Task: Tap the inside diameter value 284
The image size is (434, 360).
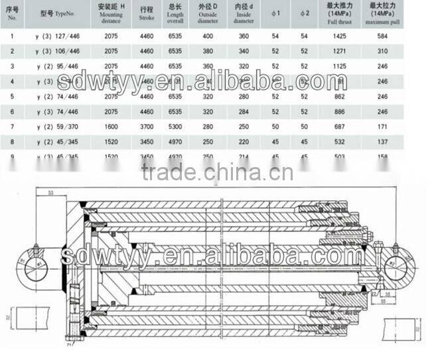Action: coord(244,109)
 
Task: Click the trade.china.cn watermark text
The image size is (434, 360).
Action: coord(216,173)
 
